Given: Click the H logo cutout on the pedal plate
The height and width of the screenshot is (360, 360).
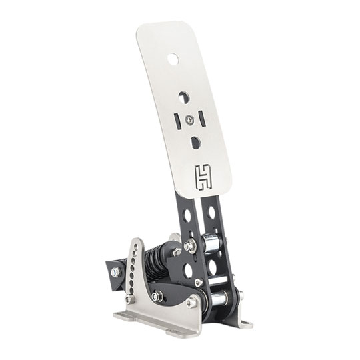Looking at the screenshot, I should (202, 175).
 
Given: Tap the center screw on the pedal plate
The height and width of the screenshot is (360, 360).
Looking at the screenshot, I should (192, 119).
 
